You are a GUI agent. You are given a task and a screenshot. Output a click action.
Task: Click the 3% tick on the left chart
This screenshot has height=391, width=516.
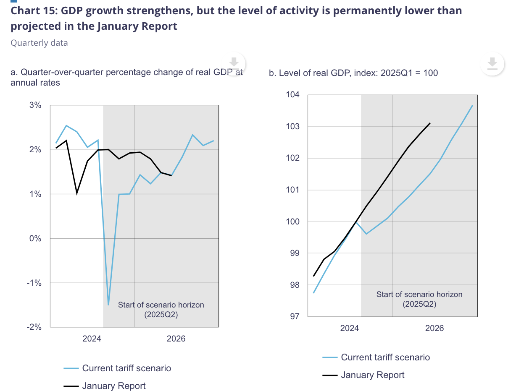click(35, 105)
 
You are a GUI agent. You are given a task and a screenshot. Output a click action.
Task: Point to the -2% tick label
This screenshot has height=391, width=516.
click(34, 327)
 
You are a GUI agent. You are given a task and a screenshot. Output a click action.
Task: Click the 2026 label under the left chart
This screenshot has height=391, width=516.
click(176, 339)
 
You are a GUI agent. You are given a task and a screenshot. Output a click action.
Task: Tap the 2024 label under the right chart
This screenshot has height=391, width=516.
click(349, 328)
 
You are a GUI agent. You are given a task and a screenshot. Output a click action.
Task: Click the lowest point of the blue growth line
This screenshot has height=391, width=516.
click(108, 305)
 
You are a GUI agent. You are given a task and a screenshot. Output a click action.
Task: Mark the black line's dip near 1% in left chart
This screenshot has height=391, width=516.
click(77, 193)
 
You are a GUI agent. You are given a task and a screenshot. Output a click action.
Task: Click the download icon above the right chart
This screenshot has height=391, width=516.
click(492, 64)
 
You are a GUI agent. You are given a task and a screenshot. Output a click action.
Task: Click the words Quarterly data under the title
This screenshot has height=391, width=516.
click(39, 43)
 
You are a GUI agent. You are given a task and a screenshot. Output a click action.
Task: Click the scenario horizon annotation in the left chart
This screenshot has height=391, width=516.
click(161, 310)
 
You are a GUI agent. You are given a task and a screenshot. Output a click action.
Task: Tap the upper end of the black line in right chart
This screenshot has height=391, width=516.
click(430, 123)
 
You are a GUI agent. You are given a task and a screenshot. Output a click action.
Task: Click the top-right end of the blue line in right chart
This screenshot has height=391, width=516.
click(473, 105)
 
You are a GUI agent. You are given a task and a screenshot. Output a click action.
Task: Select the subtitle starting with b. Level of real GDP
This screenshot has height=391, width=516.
click(353, 73)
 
